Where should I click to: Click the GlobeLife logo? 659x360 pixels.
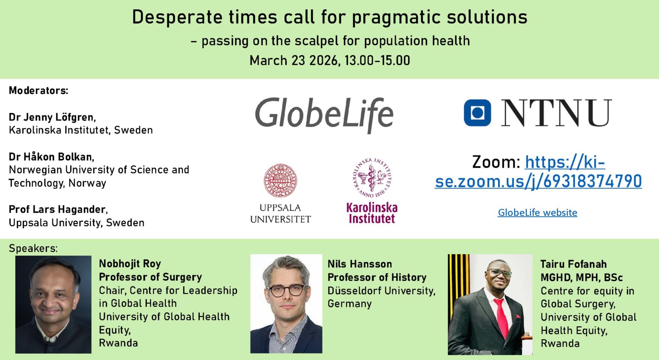(x=324, y=114)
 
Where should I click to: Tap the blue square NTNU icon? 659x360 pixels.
(x=477, y=113)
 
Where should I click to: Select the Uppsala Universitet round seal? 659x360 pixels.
(x=280, y=181)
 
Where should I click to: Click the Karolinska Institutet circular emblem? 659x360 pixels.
(x=372, y=177)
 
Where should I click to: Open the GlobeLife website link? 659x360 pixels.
(x=537, y=213)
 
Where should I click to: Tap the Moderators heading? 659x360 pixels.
(x=39, y=91)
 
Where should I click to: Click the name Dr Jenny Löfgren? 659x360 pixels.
(x=52, y=117)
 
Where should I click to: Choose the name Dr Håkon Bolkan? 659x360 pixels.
(x=51, y=157)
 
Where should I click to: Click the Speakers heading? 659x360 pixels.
(x=33, y=248)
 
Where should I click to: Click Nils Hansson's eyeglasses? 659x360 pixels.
(x=286, y=290)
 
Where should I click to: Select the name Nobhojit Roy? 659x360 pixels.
(x=130, y=264)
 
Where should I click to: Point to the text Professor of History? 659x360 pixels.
(x=377, y=277)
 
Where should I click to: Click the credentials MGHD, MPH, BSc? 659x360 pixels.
(x=582, y=278)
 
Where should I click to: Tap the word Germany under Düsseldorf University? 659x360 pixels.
(x=350, y=304)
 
